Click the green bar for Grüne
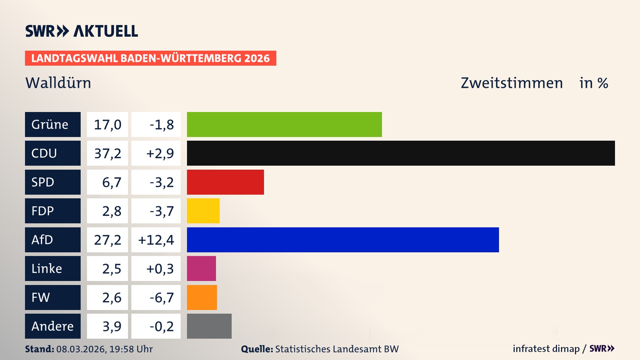pos(284,124)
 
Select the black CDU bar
pos(401,153)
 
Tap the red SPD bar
pos(225,182)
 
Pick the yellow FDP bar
pos(203,211)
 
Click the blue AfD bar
pos(343,240)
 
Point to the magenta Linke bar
pos(201,268)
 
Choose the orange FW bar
pos(202,297)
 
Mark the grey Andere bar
pos(209,326)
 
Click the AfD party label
pos(53,240)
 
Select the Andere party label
pos(53,326)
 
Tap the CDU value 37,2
pos(107,153)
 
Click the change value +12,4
pos(156,240)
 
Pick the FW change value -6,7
pos(161,298)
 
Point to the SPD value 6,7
pos(111,182)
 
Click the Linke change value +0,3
pos(160,269)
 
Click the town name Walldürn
pos(58,83)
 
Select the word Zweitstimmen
pos(512,83)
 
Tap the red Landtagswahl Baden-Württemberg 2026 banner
pos(150,58)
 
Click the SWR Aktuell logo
pos(82,31)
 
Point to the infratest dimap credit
pos(546,349)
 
